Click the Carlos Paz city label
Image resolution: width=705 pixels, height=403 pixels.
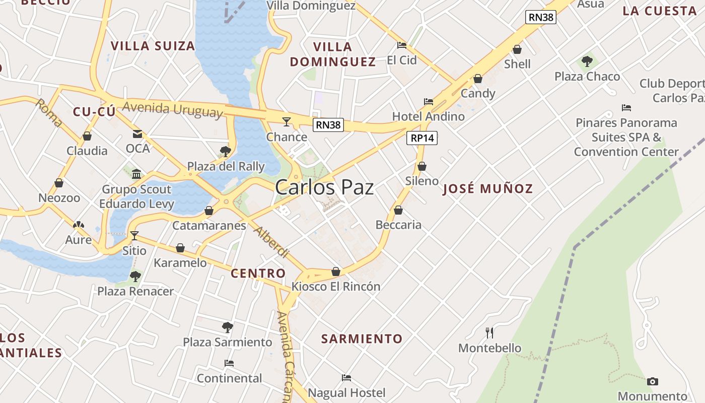click(324, 187)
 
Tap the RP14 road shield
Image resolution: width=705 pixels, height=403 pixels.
click(422, 138)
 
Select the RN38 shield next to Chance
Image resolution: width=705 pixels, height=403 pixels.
click(328, 125)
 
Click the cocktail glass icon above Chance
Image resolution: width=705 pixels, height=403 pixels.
click(287, 121)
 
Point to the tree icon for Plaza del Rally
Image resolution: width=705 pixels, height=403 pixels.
click(226, 151)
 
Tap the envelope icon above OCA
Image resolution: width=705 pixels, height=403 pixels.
click(137, 134)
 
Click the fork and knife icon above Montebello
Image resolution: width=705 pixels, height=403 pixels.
click(489, 332)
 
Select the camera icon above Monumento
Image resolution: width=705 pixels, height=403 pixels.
click(652, 381)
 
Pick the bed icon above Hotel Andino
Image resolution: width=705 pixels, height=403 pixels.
click(429, 101)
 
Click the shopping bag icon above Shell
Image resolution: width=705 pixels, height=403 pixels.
click(517, 49)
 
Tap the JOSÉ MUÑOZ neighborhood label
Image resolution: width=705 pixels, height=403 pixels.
click(488, 189)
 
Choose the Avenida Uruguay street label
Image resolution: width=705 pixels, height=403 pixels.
click(172, 109)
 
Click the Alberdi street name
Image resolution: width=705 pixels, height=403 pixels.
click(271, 242)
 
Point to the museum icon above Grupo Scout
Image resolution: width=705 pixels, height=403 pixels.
click(136, 174)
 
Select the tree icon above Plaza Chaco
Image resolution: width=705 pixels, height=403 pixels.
click(587, 61)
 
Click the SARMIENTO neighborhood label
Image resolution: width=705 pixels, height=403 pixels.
click(362, 339)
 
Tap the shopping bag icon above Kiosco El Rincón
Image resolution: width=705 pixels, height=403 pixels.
click(336, 272)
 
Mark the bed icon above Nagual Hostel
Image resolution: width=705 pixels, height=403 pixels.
click(346, 378)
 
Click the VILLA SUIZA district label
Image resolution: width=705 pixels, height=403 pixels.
click(153, 46)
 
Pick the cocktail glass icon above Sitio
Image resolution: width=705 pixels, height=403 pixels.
click(134, 235)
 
